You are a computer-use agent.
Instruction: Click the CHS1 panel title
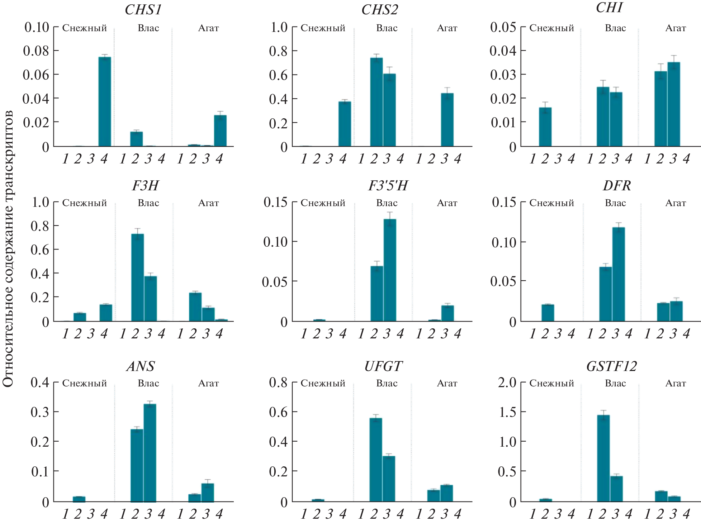click(x=143, y=10)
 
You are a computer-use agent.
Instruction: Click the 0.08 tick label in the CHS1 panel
click(x=36, y=51)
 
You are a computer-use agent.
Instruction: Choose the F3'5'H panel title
click(x=388, y=186)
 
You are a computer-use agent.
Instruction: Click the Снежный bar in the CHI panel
click(x=545, y=127)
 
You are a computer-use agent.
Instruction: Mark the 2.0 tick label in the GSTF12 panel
click(x=507, y=382)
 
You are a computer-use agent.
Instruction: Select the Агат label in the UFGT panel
click(x=447, y=383)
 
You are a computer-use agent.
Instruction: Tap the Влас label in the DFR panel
click(x=615, y=203)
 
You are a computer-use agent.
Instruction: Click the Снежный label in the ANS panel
click(x=85, y=383)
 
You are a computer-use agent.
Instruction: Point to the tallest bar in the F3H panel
click(x=138, y=277)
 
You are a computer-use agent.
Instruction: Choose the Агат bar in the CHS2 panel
click(x=447, y=120)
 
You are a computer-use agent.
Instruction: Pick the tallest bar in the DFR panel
click(x=619, y=274)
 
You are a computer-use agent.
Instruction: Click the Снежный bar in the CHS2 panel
click(x=345, y=124)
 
